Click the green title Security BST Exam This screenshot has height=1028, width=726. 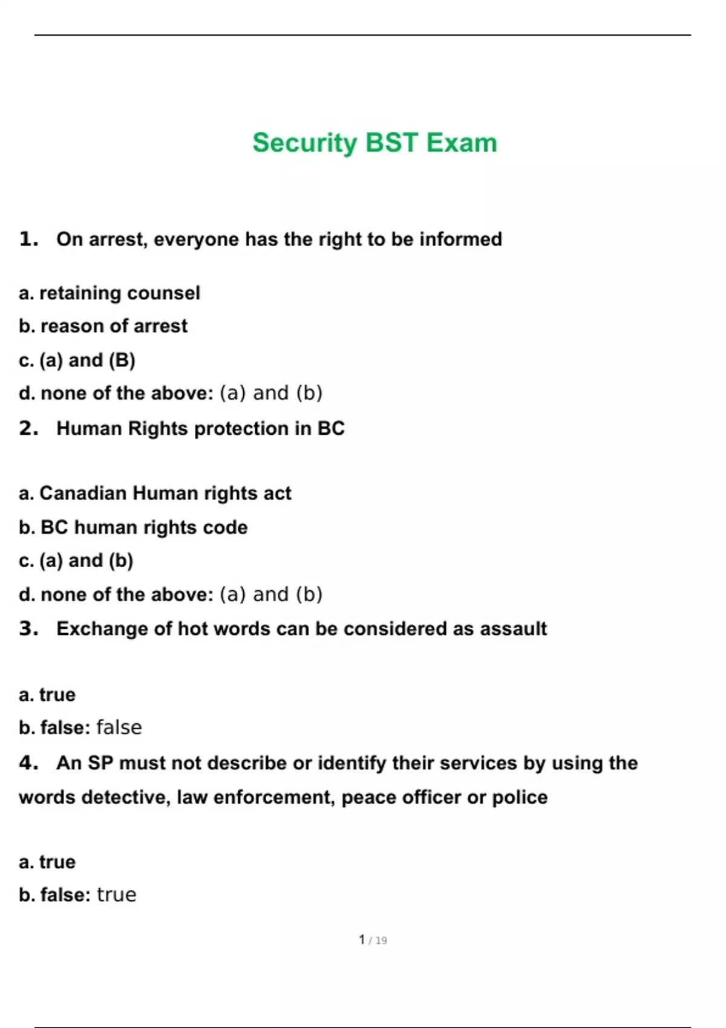374,143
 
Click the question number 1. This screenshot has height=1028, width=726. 28,239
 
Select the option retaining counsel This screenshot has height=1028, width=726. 119,293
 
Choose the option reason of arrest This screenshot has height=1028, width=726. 114,327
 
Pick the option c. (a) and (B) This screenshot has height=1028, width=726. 77,360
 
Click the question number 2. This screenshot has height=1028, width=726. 28,429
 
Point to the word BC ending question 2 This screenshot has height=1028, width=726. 331,429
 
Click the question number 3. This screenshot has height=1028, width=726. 28,629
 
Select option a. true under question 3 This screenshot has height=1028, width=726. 47,695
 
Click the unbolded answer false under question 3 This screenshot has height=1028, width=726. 119,727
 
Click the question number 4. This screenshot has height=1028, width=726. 28,763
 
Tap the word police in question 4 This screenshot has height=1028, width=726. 519,798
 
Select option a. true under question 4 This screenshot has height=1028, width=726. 47,862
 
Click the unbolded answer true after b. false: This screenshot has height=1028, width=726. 117,895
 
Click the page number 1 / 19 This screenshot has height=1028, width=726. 373,940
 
